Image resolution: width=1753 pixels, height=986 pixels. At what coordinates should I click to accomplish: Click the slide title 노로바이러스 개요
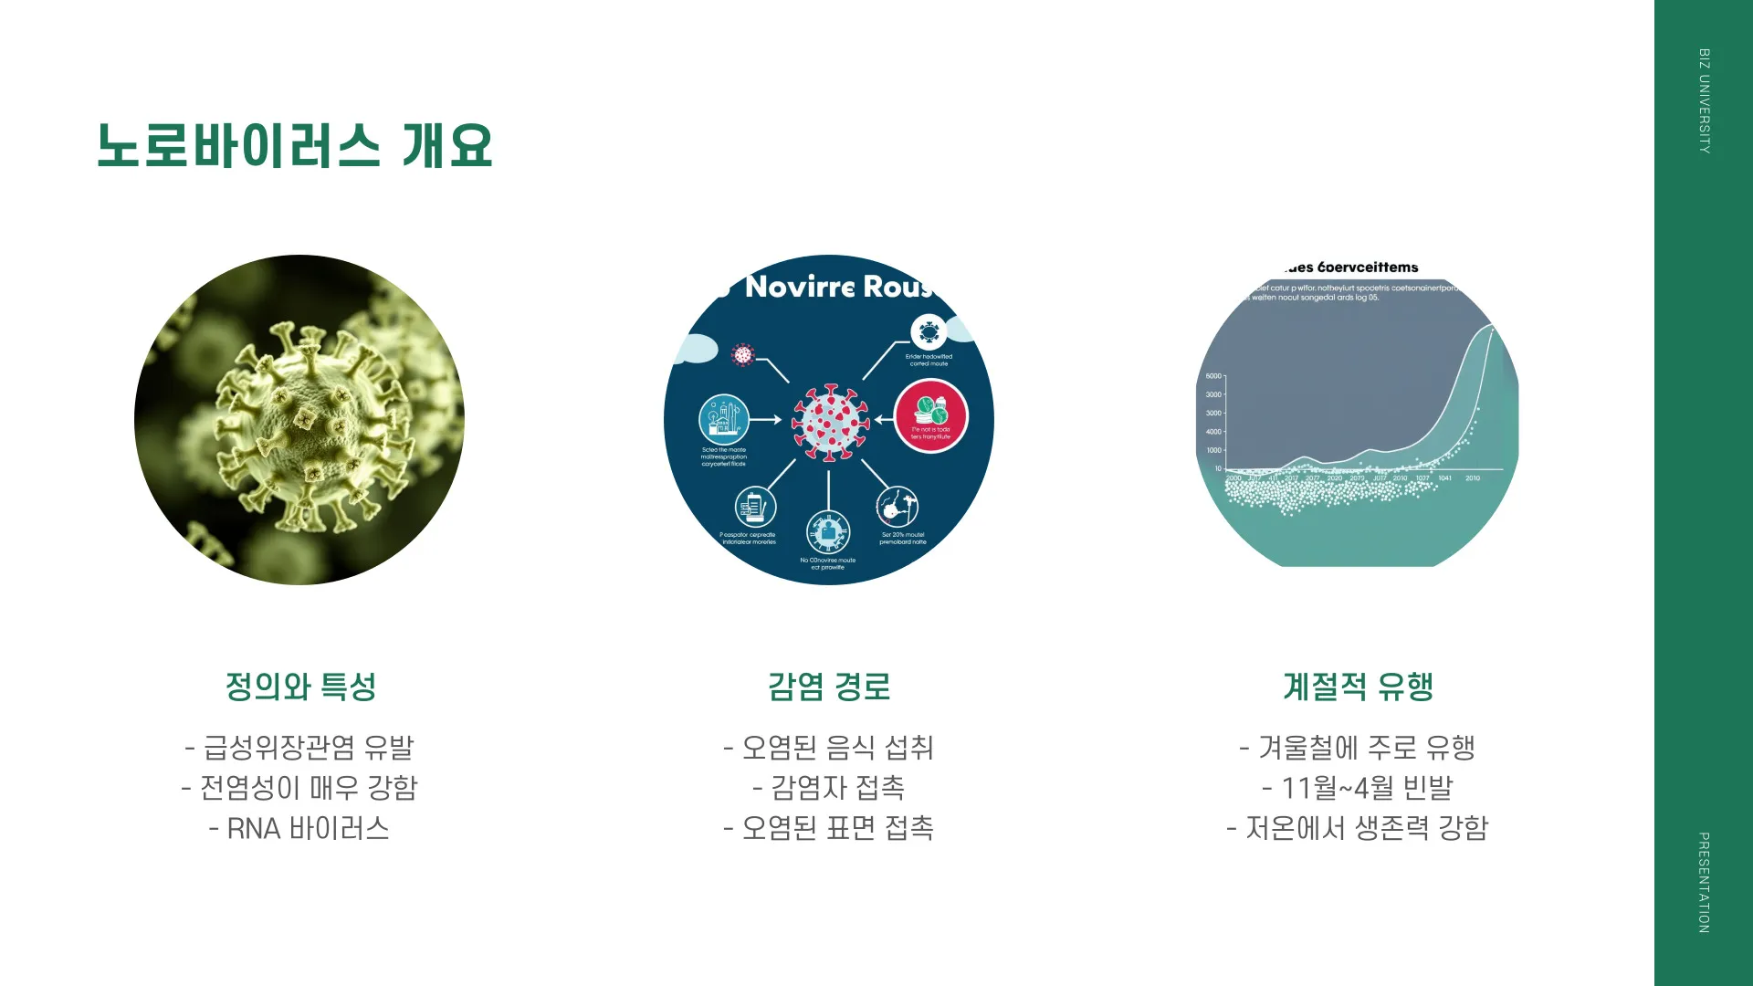coord(294,146)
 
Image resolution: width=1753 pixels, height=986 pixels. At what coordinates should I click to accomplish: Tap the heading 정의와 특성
coord(300,687)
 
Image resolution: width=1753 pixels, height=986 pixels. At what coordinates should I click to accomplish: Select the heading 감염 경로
coord(829,687)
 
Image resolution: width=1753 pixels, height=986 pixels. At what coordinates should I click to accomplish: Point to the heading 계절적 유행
coord(1358,687)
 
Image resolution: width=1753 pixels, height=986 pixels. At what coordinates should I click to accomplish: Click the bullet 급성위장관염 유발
coord(299,748)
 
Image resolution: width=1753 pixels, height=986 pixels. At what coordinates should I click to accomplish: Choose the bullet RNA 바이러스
coord(299,828)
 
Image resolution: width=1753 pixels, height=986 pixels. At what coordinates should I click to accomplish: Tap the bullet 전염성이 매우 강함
coord(299,788)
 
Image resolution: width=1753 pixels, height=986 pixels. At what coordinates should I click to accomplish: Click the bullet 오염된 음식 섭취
coord(829,748)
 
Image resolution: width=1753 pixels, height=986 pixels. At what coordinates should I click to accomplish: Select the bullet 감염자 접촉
coord(829,788)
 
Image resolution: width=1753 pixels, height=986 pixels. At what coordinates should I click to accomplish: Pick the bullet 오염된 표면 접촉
coord(829,828)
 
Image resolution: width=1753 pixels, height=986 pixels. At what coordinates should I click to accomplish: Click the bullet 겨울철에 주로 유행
coord(1358,748)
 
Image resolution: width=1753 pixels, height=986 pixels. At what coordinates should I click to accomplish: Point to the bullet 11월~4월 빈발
coord(1358,788)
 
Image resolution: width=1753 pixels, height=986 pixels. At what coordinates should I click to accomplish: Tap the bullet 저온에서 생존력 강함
coord(1358,828)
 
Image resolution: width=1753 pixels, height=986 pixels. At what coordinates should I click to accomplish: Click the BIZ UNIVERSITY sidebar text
coord(1704,100)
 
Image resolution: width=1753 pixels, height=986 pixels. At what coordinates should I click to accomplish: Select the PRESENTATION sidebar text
coord(1704,882)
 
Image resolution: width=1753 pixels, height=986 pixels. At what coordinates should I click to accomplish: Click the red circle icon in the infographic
coord(930,416)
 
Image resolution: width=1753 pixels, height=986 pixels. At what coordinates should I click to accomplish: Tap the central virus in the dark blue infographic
coord(829,422)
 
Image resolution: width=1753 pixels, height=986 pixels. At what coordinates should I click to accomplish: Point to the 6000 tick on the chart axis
coord(1213,376)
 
